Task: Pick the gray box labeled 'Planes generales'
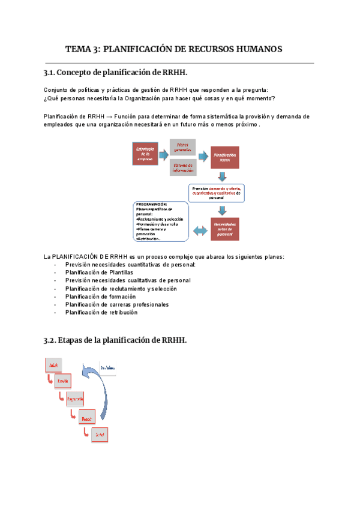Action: point(182,146)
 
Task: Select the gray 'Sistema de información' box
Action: point(182,167)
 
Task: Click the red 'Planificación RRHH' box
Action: point(224,157)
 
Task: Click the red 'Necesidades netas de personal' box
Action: point(224,229)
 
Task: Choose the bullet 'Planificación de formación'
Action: point(100,297)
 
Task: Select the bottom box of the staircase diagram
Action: point(100,434)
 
